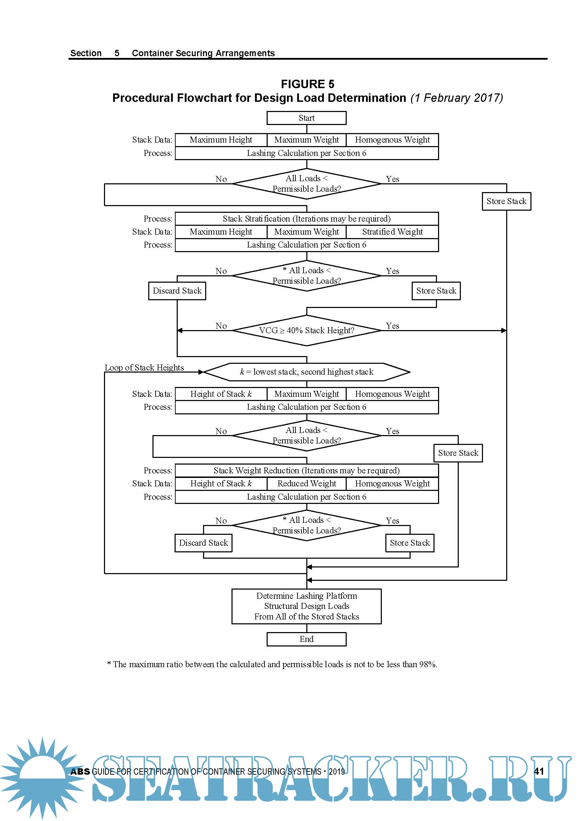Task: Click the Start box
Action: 306,118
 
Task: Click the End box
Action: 306,639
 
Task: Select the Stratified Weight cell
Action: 392,232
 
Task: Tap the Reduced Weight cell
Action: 306,484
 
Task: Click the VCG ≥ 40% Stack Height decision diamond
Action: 306,330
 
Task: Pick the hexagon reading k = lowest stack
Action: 306,372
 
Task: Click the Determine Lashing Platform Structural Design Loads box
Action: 306,606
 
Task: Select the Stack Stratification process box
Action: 306,218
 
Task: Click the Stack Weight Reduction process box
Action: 306,470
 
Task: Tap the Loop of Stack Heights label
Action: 144,368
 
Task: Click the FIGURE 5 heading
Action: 307,84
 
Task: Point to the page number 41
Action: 538,771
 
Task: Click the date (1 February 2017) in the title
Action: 457,98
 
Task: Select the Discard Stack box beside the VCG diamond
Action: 177,291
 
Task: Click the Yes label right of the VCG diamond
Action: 392,326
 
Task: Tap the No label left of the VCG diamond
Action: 221,326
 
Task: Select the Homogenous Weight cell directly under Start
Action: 392,140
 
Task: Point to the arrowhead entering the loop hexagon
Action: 201,372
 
